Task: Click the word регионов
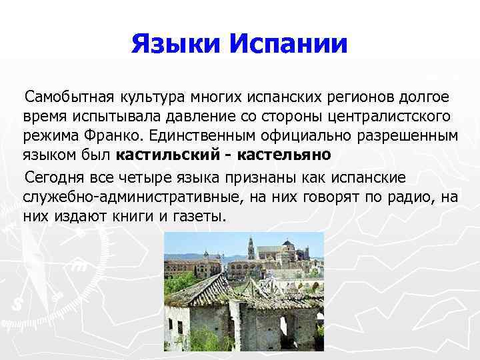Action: pos(359,98)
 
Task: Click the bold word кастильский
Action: pos(166,155)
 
